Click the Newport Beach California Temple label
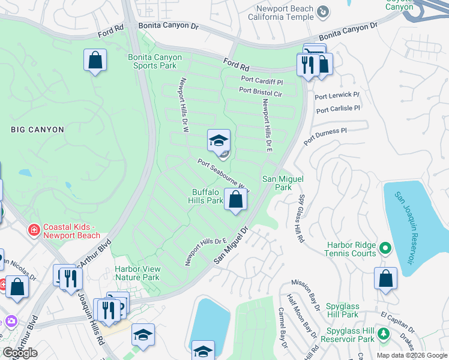284,13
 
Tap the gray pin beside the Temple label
324,11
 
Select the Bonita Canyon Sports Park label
154,62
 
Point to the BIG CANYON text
37,129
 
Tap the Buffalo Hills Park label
207,196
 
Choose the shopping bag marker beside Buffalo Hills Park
236,200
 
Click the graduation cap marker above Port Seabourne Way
218,141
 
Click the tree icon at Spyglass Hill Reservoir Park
382,335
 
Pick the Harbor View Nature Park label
137,273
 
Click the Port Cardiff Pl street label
262,79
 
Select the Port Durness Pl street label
325,136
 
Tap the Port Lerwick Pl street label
339,95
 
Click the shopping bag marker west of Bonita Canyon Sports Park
95,60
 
